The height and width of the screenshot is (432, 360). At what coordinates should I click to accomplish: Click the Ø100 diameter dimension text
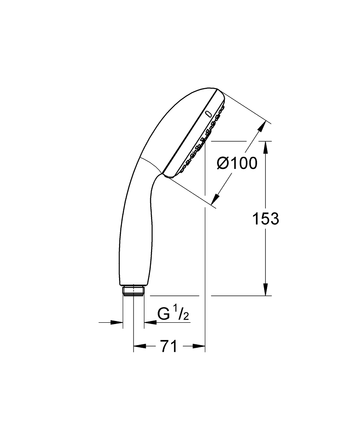tap(236, 164)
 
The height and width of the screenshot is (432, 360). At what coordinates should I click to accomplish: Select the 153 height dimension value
tap(266, 219)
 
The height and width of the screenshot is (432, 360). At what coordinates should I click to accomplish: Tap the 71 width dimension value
tap(169, 346)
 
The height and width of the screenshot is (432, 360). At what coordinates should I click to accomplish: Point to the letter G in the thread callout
tap(163, 314)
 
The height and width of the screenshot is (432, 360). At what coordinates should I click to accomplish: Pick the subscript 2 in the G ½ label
tap(186, 318)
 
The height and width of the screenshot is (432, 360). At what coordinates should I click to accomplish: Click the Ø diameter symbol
tap(223, 164)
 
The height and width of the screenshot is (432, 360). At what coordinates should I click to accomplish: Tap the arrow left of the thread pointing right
tap(117, 322)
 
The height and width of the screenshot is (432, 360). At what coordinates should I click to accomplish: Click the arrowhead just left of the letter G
tap(150, 322)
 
